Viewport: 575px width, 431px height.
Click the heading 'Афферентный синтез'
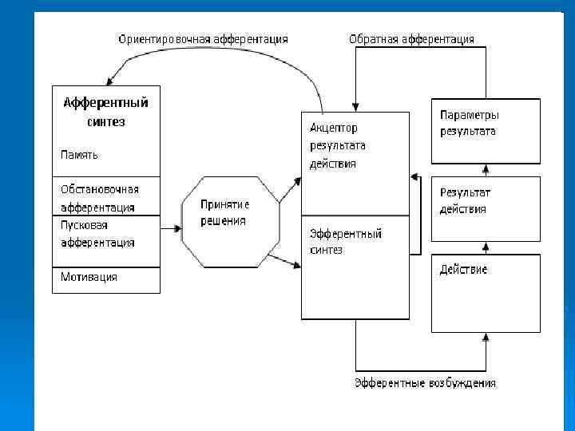point(105,112)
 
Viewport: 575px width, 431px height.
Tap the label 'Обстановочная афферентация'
point(100,198)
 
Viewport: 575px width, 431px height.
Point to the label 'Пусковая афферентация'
point(97,234)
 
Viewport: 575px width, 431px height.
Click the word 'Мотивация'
point(89,277)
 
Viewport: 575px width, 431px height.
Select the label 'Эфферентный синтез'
point(345,241)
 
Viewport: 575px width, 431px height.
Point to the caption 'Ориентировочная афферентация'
point(203,38)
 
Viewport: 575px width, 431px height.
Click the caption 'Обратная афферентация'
point(411,38)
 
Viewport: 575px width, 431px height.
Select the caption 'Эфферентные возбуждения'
point(425,383)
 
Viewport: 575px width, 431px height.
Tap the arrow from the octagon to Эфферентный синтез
point(284,261)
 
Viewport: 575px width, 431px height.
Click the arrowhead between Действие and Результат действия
point(486,247)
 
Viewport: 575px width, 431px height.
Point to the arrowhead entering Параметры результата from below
point(486,168)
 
